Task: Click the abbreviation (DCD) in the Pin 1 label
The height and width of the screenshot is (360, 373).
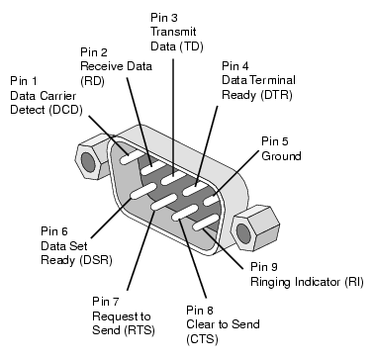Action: click(x=65, y=110)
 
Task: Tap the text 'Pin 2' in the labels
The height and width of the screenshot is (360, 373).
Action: click(x=94, y=52)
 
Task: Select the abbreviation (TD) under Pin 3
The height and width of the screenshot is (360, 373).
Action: click(x=191, y=46)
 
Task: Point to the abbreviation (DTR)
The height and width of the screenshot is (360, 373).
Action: click(x=276, y=95)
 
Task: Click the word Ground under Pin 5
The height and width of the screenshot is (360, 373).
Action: click(x=281, y=156)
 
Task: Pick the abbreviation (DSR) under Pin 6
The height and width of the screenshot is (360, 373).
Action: click(x=96, y=260)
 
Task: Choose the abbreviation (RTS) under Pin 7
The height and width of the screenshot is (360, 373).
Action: click(x=140, y=330)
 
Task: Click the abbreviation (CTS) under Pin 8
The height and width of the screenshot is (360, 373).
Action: click(x=202, y=339)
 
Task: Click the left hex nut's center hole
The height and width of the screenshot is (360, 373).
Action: click(x=88, y=162)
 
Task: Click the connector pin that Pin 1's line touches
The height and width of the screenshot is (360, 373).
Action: click(x=132, y=157)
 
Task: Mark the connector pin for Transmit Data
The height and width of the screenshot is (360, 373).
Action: click(x=173, y=178)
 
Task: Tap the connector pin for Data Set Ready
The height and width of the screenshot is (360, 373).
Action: click(x=143, y=191)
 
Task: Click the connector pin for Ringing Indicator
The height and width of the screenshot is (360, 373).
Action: click(x=206, y=222)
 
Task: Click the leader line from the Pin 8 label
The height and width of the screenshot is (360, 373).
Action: click(x=193, y=258)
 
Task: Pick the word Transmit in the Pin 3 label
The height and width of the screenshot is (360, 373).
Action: click(x=173, y=32)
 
